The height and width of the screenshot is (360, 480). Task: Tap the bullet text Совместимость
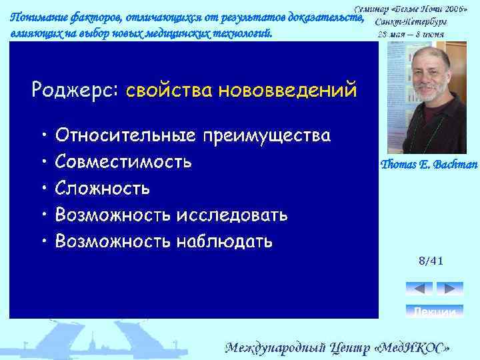coord(124,162)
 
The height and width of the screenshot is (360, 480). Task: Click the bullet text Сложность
coord(103,188)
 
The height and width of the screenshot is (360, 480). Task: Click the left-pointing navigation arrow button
coord(419,289)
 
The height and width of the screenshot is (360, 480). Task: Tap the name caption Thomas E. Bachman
coord(429,165)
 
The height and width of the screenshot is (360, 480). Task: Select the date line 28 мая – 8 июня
coord(411,34)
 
